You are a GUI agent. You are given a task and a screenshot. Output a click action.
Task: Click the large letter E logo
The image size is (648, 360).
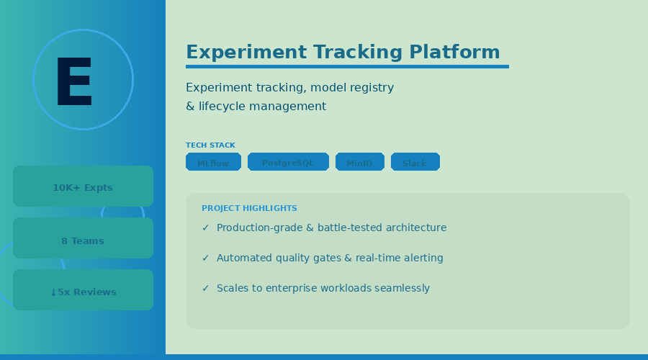tap(74, 81)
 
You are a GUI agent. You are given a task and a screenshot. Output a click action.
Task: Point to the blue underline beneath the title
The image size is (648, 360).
tap(347, 67)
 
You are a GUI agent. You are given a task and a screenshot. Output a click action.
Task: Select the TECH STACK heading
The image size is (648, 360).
tap(210, 145)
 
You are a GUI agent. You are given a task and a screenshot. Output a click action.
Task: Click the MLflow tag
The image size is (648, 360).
tap(213, 163)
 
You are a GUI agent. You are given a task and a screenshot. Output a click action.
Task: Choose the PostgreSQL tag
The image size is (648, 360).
tap(288, 163)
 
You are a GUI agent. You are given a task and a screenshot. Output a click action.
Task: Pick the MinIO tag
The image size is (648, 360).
tap(359, 163)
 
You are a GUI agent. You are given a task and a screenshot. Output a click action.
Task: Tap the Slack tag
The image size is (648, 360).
tap(415, 163)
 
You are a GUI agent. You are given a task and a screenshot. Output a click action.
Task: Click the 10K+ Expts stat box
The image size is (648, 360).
tap(83, 187)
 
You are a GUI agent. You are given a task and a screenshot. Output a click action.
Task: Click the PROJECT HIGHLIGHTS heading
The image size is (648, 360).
tap(249, 208)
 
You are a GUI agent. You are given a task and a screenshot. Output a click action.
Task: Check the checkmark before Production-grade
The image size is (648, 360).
tap(205, 228)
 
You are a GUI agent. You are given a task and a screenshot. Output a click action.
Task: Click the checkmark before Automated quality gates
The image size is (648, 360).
tap(205, 258)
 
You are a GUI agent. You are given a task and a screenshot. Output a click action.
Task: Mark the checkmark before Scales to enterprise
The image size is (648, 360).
tap(205, 289)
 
